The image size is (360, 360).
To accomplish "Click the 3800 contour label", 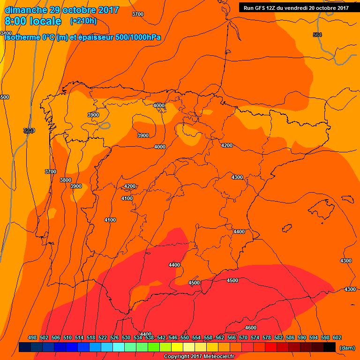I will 66,180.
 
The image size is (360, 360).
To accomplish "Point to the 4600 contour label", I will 251,328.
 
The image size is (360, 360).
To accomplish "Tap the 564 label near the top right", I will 317,35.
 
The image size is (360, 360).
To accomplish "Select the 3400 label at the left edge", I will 6,33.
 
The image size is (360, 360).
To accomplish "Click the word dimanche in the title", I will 26,10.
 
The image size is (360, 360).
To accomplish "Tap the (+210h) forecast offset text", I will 83,21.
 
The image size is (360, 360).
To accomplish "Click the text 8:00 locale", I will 33,21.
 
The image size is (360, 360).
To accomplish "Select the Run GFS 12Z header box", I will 296,7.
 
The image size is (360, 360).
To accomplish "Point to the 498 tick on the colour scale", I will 32,337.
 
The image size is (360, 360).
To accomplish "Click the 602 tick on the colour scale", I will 337,337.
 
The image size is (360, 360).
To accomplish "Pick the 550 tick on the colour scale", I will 185,337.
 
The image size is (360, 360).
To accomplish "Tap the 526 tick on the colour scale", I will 114,337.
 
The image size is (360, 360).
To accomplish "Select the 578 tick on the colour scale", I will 267,337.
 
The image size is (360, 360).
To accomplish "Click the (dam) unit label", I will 347,347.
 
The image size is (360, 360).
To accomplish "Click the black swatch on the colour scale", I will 330,347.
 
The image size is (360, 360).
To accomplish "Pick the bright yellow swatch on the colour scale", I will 177,347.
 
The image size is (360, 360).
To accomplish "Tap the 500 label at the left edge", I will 5,97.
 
